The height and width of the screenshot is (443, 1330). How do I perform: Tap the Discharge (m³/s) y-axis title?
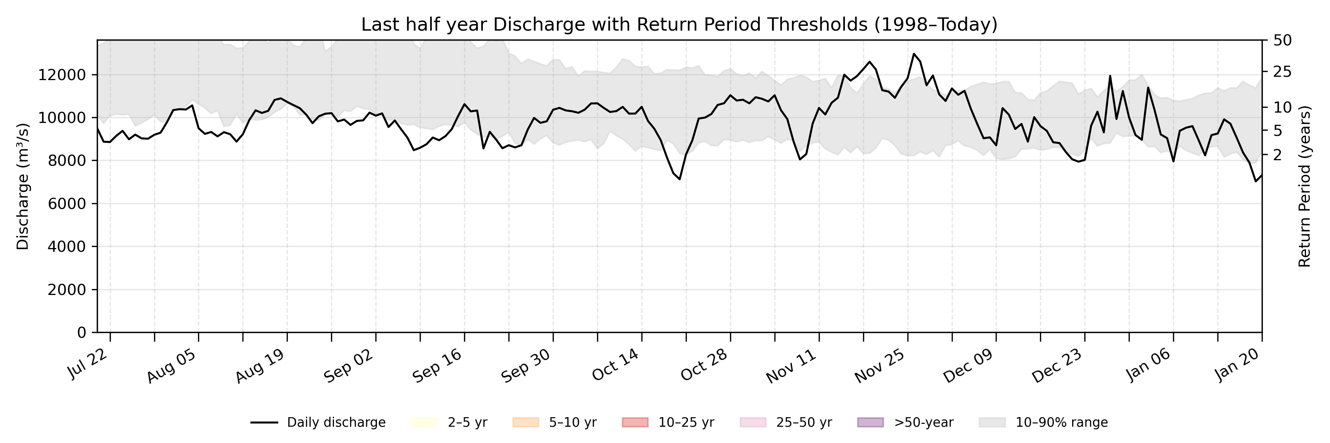coord(23,186)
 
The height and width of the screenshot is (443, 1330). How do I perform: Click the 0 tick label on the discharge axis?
coord(82,333)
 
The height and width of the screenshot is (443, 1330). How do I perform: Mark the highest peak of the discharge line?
coord(914,54)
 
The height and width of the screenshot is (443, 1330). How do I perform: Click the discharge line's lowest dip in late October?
coord(680,179)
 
